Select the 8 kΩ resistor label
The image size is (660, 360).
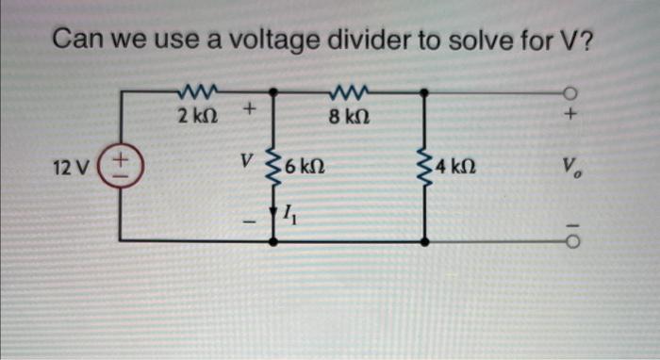[x=349, y=117]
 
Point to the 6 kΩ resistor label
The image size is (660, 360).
[x=305, y=169]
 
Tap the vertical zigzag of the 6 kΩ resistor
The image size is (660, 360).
[x=274, y=168]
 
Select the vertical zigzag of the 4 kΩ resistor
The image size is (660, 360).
[x=427, y=168]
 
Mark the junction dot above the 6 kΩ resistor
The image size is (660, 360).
[x=274, y=92]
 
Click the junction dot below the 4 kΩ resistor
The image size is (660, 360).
[x=427, y=242]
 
